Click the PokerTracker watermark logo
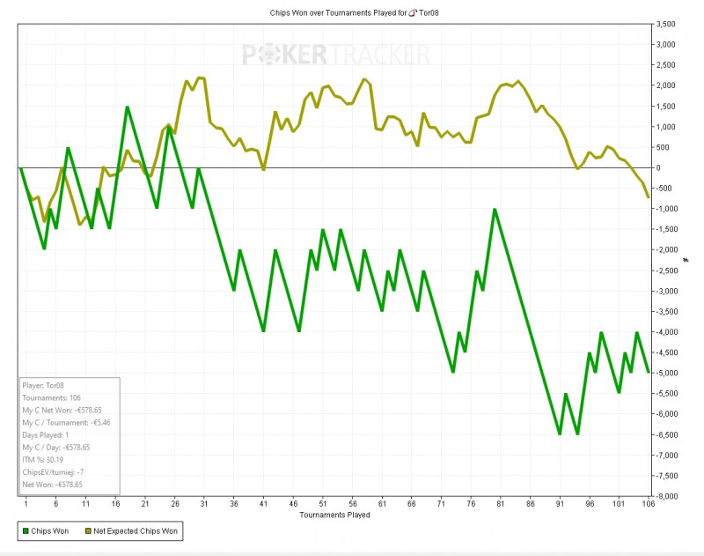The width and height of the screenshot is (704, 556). tap(336, 56)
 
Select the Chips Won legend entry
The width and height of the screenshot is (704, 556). tap(44, 531)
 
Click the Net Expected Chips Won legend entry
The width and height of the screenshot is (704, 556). tap(132, 531)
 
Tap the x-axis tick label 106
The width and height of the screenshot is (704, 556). tap(649, 504)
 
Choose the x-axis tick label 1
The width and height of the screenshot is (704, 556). tap(26, 504)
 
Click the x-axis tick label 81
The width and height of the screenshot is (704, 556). tap(501, 504)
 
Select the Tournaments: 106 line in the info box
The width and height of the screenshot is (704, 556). tap(52, 397)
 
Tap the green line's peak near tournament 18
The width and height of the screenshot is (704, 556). tap(127, 107)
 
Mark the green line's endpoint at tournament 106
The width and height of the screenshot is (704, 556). tap(649, 372)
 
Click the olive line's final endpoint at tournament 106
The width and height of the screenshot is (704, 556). tap(649, 196)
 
